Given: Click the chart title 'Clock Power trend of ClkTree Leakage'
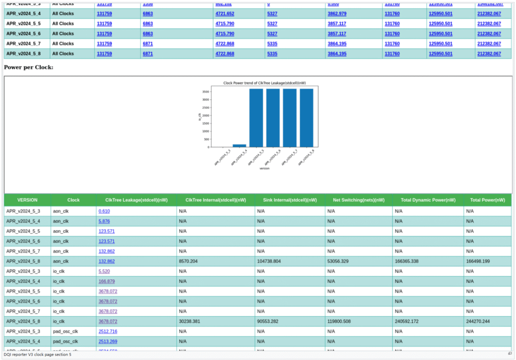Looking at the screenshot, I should tap(257, 83).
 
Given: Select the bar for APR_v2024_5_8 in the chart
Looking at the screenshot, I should tap(306, 118).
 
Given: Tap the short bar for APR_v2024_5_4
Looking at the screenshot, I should tap(239, 146).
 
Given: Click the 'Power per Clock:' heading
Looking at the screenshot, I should tap(29, 67).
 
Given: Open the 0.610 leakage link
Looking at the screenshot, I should tap(104, 211).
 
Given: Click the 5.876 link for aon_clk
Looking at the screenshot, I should tap(104, 222).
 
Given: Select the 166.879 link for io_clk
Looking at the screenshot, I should tap(106, 281).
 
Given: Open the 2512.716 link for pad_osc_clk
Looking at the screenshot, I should tap(108, 331).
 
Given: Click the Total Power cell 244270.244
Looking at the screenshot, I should tap(481, 321).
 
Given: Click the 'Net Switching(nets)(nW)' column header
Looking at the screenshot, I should tap(359, 200).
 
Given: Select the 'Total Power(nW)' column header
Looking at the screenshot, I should tap(487, 200).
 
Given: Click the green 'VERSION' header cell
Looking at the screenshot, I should tap(27, 200).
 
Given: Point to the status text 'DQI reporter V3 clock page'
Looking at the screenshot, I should tap(37, 354).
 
